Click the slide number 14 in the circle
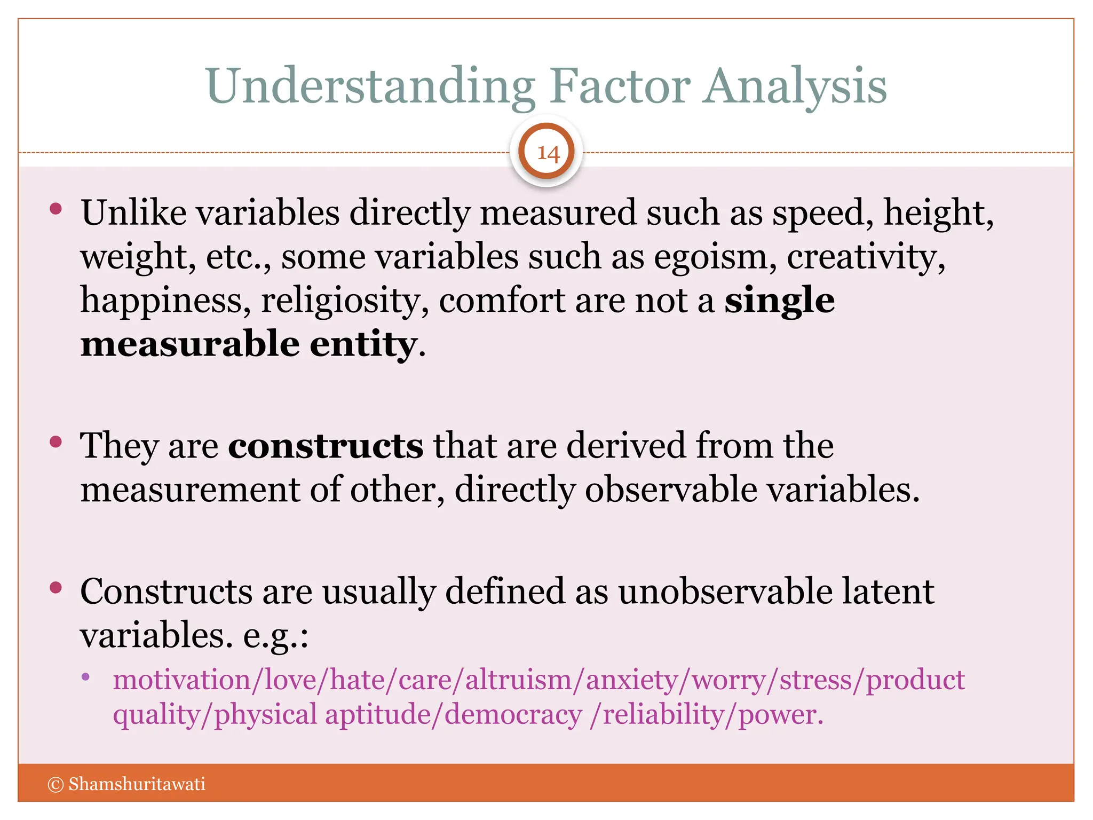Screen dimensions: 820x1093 pyautogui.click(x=547, y=153)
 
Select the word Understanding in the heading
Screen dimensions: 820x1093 pyautogui.click(x=370, y=86)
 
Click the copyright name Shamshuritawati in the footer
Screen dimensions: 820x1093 pyautogui.click(x=137, y=784)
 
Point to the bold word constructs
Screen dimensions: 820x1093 pyautogui.click(x=326, y=446)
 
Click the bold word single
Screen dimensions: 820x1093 pyautogui.click(x=779, y=301)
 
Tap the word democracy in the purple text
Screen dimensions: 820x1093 pyautogui.click(x=513, y=715)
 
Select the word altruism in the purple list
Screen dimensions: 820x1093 pyautogui.click(x=518, y=680)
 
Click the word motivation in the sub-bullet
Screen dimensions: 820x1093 pyautogui.click(x=181, y=680)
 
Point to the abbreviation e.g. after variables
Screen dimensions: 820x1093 pyautogui.click(x=274, y=636)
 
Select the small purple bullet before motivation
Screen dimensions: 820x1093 pyautogui.click(x=85, y=677)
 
